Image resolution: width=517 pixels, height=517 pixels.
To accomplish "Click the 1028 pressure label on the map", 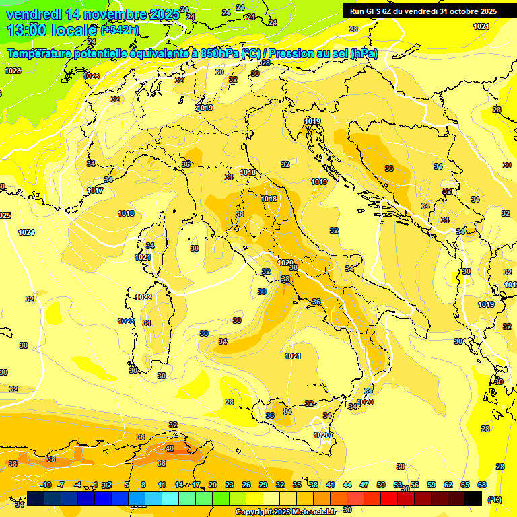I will click(x=13, y=71).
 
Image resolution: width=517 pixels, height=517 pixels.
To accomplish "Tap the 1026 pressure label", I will click(x=92, y=76).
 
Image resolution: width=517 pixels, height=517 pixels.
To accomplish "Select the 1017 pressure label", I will click(x=95, y=191).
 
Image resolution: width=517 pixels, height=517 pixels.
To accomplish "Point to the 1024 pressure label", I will click(x=26, y=232).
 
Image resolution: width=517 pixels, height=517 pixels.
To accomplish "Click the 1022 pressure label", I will click(x=143, y=297).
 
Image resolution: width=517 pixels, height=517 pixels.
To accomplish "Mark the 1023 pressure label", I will click(x=126, y=321).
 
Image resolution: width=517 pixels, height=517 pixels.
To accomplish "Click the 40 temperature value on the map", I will click(x=170, y=448).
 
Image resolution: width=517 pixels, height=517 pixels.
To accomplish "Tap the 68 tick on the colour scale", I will click(x=482, y=485).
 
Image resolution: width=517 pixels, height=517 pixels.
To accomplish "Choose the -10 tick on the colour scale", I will click(x=46, y=485).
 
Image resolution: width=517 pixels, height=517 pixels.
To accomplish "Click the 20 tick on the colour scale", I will click(x=212, y=485).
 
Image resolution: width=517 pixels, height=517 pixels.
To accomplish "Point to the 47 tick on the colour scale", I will click(x=364, y=485).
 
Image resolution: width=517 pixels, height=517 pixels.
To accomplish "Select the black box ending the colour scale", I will click(x=473, y=498).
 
